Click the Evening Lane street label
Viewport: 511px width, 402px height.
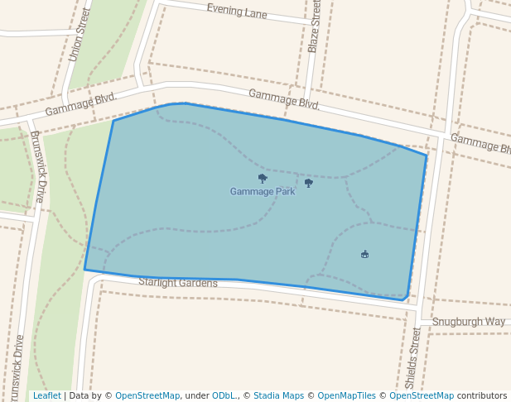click(237, 11)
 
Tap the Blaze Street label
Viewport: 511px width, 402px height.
click(313, 27)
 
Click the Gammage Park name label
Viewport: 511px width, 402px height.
click(263, 192)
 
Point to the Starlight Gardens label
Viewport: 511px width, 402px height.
click(178, 283)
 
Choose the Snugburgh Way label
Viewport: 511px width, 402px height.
click(468, 321)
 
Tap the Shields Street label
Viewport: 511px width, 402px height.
click(413, 357)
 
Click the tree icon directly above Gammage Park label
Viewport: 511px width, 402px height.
click(263, 178)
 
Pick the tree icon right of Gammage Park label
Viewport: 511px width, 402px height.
click(309, 183)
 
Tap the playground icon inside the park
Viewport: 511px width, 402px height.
click(364, 254)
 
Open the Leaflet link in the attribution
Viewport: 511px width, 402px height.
click(46, 395)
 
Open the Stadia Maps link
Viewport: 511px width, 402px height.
click(277, 395)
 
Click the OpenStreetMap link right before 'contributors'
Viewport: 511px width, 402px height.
click(422, 395)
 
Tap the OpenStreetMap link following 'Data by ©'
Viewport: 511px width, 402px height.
click(147, 395)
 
